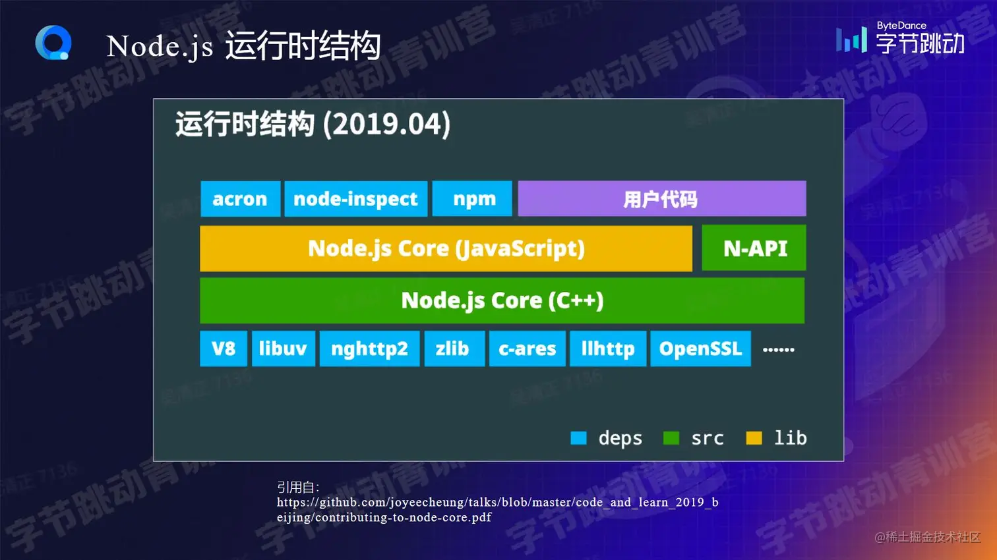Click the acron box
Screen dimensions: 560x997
(240, 199)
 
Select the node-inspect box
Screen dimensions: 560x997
(355, 199)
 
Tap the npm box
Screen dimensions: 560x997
(472, 199)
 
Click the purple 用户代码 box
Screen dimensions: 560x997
(661, 199)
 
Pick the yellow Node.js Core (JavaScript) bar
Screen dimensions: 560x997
(446, 248)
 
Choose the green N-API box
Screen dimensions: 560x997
(754, 248)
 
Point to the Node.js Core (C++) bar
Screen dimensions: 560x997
(502, 300)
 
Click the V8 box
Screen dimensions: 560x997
(224, 349)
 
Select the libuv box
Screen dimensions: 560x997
(283, 349)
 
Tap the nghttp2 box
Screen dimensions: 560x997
(369, 349)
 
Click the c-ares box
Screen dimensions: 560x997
(527, 349)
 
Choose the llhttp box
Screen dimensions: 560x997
(607, 349)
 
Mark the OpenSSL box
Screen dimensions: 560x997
(700, 349)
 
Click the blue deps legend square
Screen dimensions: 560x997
(578, 438)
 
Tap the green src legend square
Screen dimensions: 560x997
(671, 438)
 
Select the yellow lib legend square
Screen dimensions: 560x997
(754, 438)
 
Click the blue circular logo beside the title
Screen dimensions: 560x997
(53, 43)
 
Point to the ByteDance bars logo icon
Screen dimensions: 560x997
(851, 40)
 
